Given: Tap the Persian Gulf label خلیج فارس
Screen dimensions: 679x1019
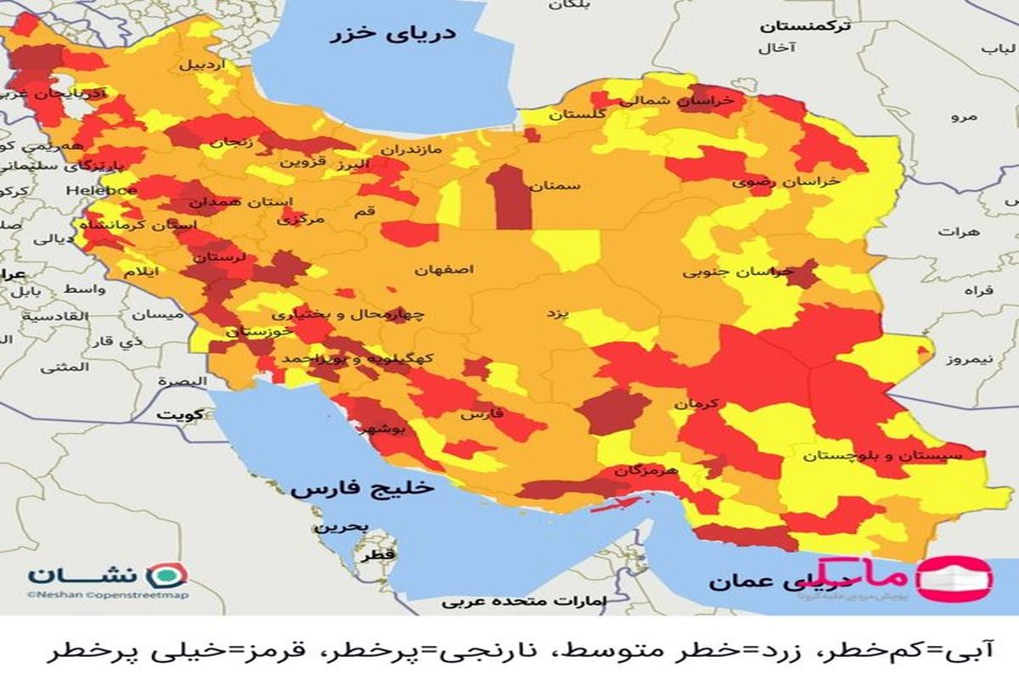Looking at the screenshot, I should (361, 489).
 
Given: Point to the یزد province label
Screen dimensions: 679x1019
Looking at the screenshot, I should (555, 313).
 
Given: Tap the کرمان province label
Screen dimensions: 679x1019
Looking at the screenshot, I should (697, 403).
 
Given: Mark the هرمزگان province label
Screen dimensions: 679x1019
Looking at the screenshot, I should (647, 469).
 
